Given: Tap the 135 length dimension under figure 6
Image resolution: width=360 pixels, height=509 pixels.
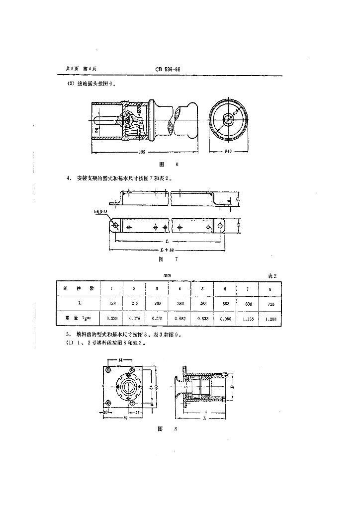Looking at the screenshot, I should pos(143,152).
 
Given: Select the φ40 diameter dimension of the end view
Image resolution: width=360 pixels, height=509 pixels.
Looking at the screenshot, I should pos(228,152).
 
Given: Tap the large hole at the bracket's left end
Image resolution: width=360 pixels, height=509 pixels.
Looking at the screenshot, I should pos(115,226).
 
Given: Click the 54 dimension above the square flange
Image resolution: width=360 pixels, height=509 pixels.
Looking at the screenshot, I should pos(120,359).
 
